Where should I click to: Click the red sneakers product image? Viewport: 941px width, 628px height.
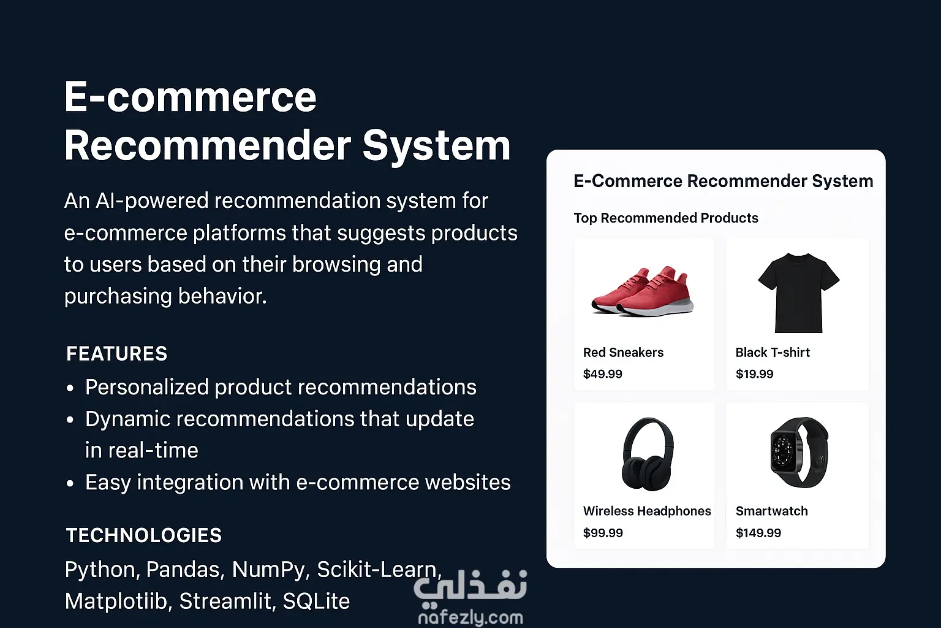(x=642, y=291)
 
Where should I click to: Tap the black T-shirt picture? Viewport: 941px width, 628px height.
(x=799, y=293)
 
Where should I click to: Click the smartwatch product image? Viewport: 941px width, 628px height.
(x=799, y=452)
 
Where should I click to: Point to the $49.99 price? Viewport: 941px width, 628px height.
(x=602, y=374)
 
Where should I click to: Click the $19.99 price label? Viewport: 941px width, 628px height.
(x=755, y=374)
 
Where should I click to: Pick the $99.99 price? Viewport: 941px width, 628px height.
(x=603, y=533)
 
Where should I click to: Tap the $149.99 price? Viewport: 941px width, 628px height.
(x=758, y=533)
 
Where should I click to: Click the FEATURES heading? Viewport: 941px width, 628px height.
(x=117, y=354)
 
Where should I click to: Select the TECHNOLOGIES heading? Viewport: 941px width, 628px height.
(x=144, y=535)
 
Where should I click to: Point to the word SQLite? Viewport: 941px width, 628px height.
(x=316, y=601)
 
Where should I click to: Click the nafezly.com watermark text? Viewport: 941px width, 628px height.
(x=471, y=618)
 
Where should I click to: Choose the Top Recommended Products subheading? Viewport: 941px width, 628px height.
(x=666, y=218)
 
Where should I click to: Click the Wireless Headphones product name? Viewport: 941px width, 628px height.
(x=647, y=511)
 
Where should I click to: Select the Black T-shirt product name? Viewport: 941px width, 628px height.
(x=773, y=353)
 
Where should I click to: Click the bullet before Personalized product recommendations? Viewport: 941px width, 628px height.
(x=70, y=388)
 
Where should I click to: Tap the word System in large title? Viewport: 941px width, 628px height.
(x=436, y=145)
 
